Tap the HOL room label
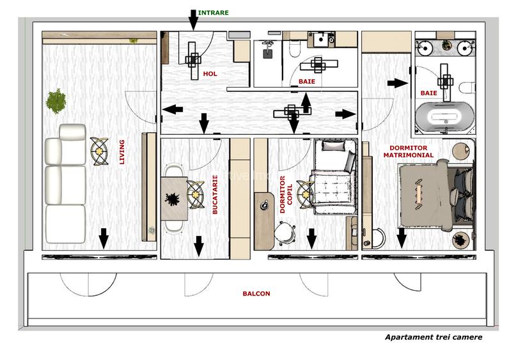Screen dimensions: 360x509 tap(210, 74)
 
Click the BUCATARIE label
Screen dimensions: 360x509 tap(215, 198)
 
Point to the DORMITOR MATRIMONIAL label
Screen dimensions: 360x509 tap(407, 150)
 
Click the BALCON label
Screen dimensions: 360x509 tap(256, 294)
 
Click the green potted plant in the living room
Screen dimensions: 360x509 tap(56, 100)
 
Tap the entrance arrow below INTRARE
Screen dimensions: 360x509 tap(194, 19)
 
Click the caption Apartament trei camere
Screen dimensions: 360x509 tap(433, 337)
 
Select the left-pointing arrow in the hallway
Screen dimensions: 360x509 tap(169, 109)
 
